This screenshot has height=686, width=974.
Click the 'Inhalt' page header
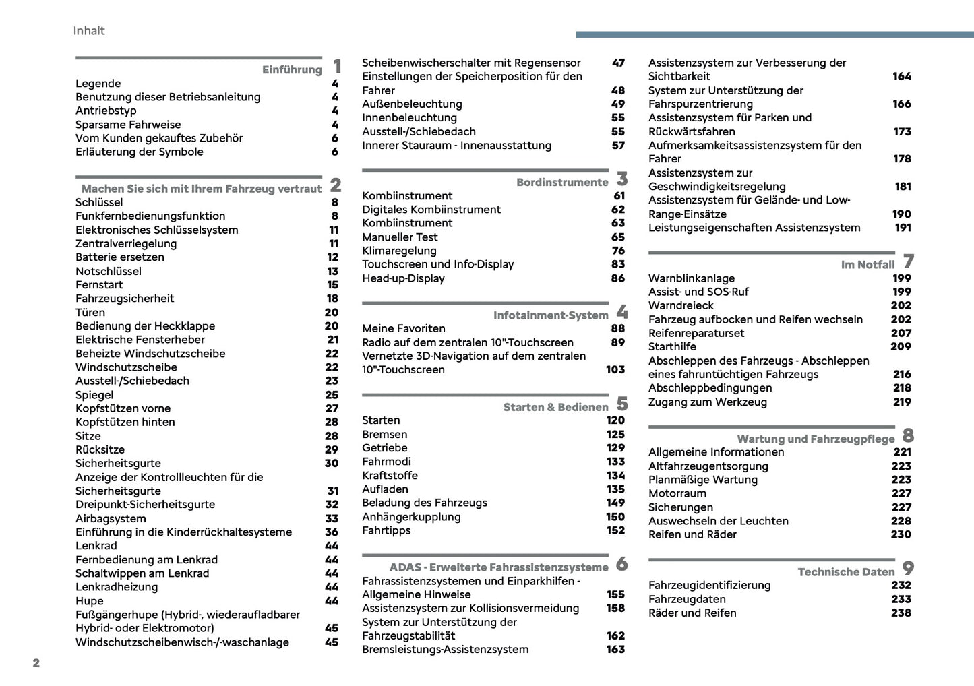89,30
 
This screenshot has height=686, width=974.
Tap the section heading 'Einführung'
292,70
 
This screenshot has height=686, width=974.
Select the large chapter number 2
336,185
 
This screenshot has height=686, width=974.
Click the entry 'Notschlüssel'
109,271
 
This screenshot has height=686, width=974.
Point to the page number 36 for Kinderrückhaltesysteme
332,532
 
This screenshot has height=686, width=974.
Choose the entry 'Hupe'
90,600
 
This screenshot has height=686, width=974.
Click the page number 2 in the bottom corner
36,663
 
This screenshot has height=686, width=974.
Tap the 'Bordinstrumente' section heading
562,183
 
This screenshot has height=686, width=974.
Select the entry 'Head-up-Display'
403,278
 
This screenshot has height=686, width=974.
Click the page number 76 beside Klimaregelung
618,251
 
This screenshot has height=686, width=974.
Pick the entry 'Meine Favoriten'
404,328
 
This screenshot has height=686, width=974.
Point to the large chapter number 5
622,404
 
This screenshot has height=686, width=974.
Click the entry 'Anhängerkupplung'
411,517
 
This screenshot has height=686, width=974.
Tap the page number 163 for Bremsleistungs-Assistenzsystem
615,649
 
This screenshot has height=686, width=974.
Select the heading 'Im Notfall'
868,265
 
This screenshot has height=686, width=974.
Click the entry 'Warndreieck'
681,305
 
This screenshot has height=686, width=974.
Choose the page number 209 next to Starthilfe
901,346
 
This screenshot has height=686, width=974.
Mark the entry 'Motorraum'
677,493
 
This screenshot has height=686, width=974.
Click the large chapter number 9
909,569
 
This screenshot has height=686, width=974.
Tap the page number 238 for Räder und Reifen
901,613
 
